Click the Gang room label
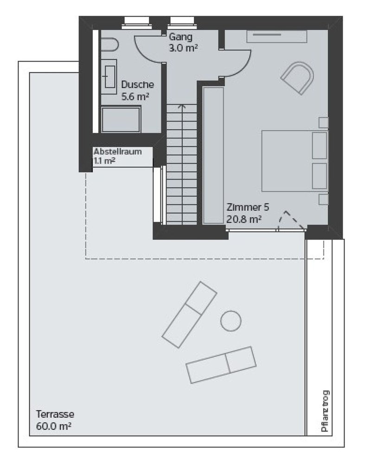[181, 37]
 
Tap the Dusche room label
[137, 84]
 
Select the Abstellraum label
[117, 152]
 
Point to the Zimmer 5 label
[248, 207]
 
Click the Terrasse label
[55, 414]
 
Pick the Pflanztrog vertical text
[325, 411]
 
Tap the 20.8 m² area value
[244, 219]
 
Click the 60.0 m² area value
[54, 426]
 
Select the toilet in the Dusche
[109, 45]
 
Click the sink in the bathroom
[109, 77]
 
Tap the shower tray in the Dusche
[121, 120]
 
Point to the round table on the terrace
[230, 321]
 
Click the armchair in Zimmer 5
[298, 77]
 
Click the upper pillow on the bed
[320, 146]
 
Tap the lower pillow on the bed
[320, 176]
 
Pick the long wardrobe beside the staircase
[213, 155]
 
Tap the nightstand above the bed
[323, 123]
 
